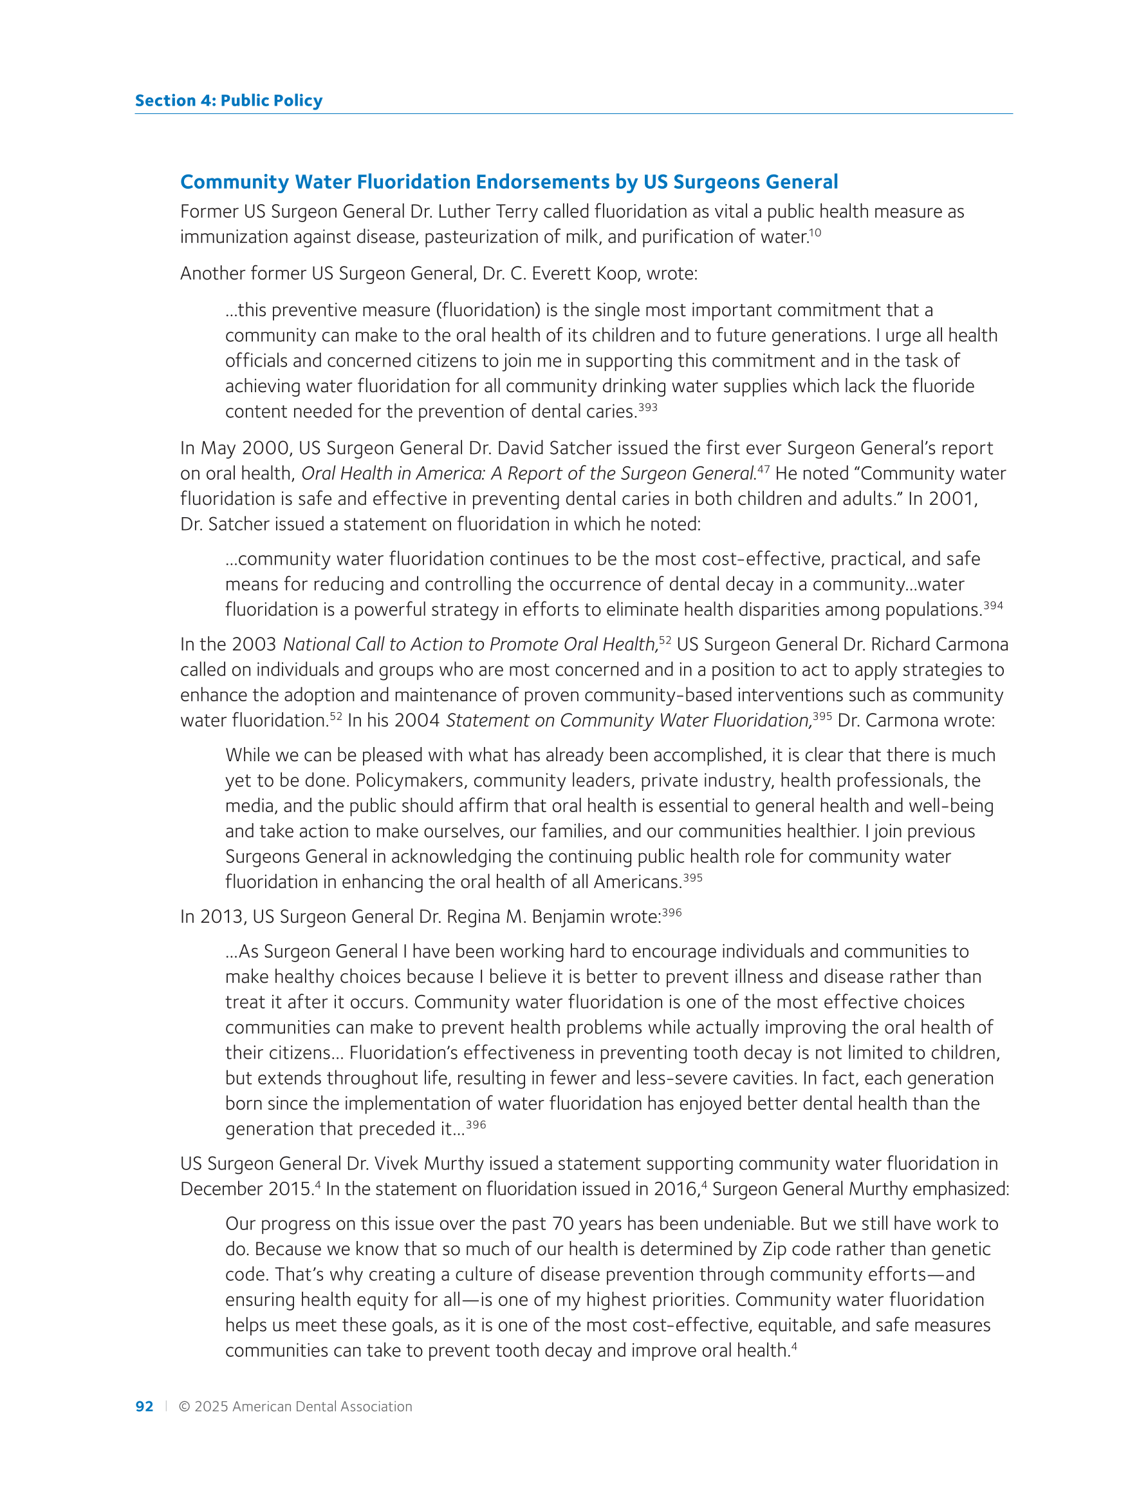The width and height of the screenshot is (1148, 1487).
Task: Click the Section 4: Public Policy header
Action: point(228,100)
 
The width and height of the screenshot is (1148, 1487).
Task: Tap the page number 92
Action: point(144,1406)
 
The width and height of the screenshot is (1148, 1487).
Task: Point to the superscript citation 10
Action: point(815,233)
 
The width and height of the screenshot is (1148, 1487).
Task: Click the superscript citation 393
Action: point(647,407)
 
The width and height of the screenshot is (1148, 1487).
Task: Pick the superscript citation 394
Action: point(993,605)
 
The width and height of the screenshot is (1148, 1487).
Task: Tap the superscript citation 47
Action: point(764,469)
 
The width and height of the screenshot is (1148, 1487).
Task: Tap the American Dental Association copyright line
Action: point(295,1406)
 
